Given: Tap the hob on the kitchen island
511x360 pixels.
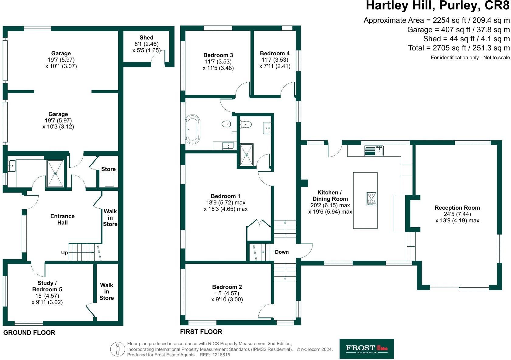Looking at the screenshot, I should [x=371, y=199].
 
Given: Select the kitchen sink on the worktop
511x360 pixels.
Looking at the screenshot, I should [x=374, y=151].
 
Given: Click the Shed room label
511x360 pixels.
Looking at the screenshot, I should [x=146, y=38].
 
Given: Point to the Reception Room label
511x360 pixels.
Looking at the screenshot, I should [x=457, y=208].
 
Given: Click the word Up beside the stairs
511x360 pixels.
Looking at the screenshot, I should [x=64, y=252].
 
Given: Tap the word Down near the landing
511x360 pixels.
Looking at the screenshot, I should [x=282, y=252].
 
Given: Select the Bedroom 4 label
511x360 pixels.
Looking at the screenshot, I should [x=274, y=53].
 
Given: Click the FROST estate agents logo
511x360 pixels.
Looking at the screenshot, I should [x=367, y=349].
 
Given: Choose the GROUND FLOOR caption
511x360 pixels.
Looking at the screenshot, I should [x=29, y=333].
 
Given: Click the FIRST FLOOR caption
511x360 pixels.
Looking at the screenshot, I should [x=201, y=332].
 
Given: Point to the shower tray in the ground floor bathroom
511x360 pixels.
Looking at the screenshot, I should [x=55, y=173].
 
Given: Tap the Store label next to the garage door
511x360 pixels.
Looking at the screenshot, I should [x=108, y=169].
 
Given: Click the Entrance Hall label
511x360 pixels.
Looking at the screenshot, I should [x=62, y=219].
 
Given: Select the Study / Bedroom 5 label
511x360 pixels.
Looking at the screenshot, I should [x=47, y=286].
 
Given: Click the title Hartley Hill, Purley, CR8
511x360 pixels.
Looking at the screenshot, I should [x=437, y=6].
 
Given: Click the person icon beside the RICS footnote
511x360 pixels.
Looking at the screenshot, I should [x=117, y=349].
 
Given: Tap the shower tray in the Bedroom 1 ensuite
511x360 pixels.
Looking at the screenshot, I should [x=247, y=155].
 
